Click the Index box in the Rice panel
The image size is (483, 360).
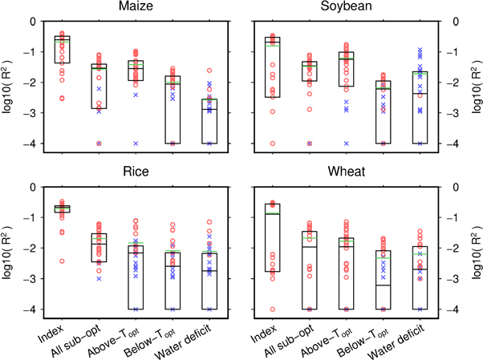pos(61,208)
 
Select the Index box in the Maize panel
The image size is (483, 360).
pos(61,49)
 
